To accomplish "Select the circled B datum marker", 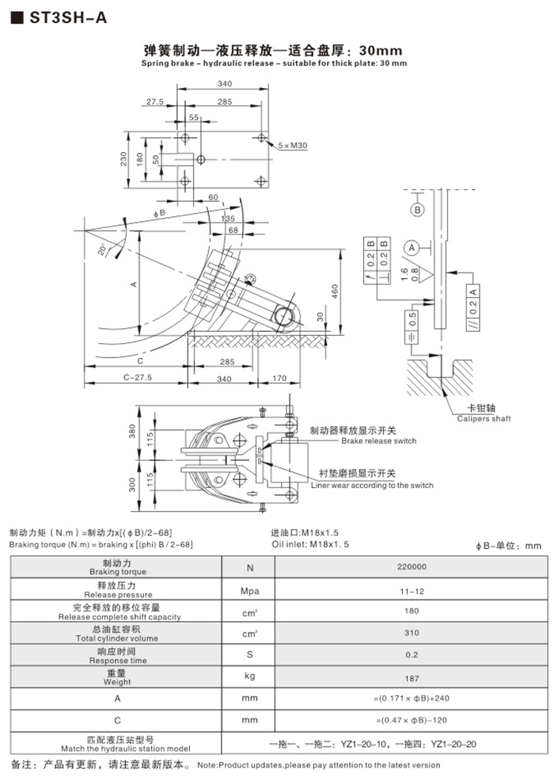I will pyautogui.click(x=416, y=210).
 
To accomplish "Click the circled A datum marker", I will pyautogui.click(x=412, y=248).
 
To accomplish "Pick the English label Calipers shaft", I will pyautogui.click(x=484, y=419).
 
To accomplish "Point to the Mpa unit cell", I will pyautogui.click(x=250, y=590).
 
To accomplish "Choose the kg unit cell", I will pyautogui.click(x=250, y=677).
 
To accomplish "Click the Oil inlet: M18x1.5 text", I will pyautogui.click(x=309, y=544).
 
